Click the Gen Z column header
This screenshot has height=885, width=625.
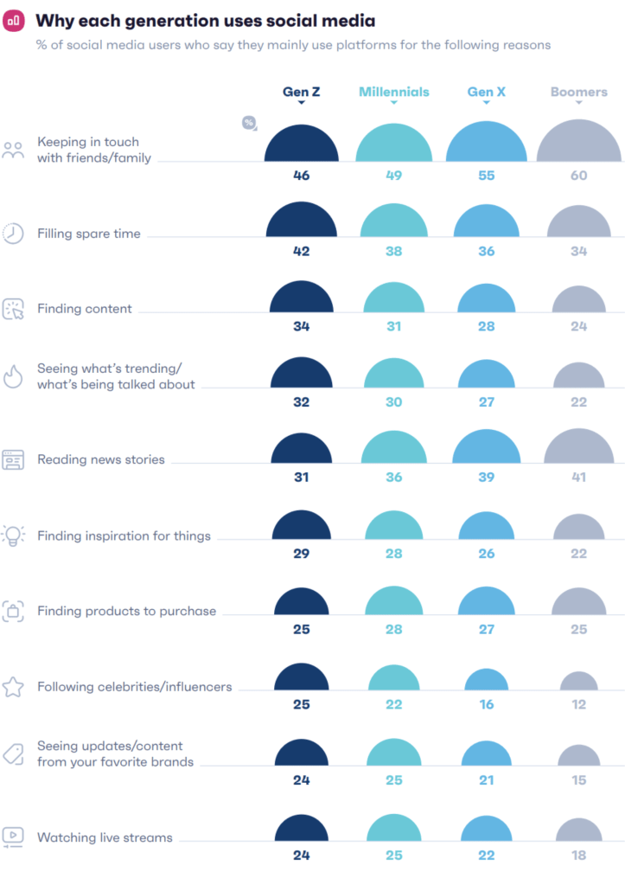tap(301, 92)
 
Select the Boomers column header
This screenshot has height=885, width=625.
tap(579, 92)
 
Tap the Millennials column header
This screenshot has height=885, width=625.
tap(394, 92)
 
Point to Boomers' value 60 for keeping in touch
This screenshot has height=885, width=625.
tap(578, 176)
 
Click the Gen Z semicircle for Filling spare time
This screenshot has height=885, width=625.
tap(301, 221)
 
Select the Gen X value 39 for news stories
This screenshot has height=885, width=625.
tap(487, 478)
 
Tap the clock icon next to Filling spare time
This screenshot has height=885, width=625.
tap(13, 234)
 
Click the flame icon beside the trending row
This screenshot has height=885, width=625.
tap(13, 375)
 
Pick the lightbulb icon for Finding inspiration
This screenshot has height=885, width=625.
tap(13, 535)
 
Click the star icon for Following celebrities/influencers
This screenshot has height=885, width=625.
tap(13, 687)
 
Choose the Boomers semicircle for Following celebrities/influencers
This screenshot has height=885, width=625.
tap(578, 682)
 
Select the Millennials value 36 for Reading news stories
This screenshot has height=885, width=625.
tap(394, 478)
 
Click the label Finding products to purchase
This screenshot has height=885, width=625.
tap(126, 611)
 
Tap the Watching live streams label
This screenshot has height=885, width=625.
tap(105, 837)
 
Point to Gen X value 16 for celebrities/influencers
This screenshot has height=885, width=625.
tap(487, 705)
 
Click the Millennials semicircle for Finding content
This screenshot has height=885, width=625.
tap(394, 298)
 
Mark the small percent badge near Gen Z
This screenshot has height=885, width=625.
tap(249, 123)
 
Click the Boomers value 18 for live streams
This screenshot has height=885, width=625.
tap(578, 856)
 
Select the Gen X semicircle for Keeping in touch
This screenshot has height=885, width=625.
tap(487, 143)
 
